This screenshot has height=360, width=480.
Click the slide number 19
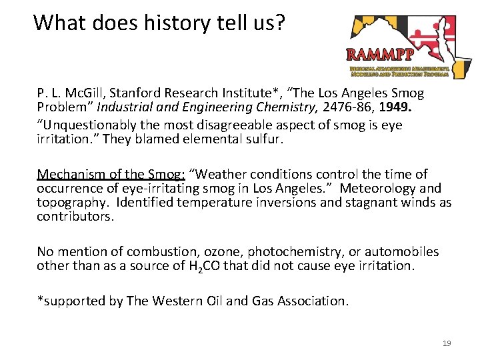coord(447,343)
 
